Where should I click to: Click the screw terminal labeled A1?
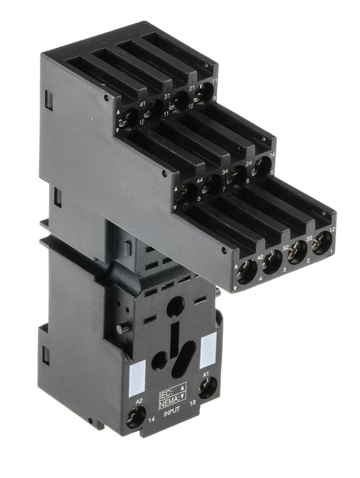click(x=207, y=389)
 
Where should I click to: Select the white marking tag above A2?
click(x=137, y=377)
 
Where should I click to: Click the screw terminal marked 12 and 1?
click(x=321, y=242)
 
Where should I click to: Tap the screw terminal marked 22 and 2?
click(x=297, y=252)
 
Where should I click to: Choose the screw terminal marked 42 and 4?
click(x=246, y=271)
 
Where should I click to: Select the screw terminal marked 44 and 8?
click(x=187, y=193)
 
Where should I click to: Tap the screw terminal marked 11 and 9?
click(x=204, y=92)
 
